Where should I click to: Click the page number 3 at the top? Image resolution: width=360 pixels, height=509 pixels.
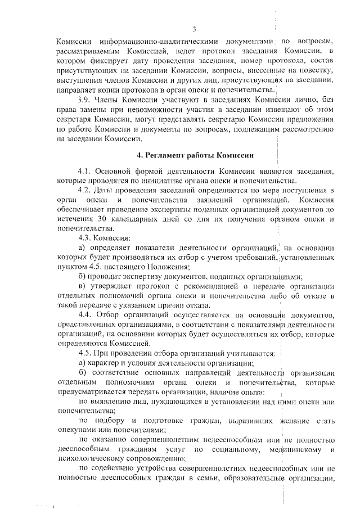pyautogui.click(x=194, y=29)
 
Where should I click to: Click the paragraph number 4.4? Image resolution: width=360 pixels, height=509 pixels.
pyautogui.click(x=86, y=314)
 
